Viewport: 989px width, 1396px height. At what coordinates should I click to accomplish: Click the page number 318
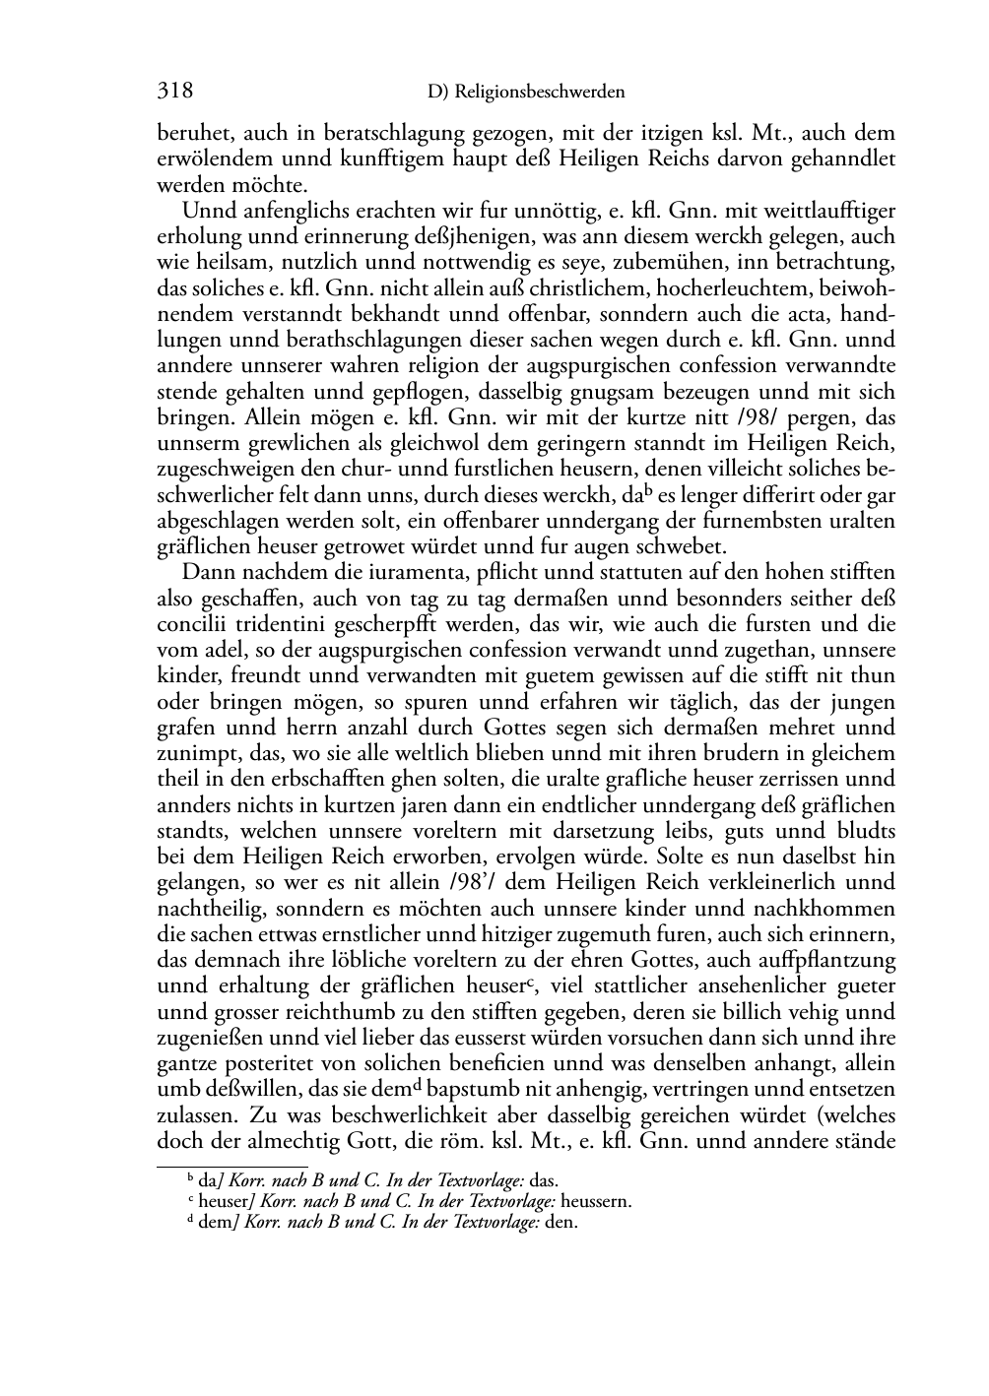(x=174, y=92)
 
